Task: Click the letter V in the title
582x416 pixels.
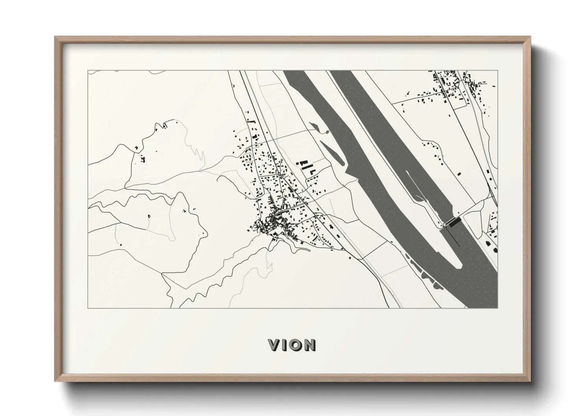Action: coord(274,345)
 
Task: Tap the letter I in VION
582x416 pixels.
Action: coord(286,345)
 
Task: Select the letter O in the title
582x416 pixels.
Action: coord(297,345)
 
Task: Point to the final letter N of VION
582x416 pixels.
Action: coord(310,345)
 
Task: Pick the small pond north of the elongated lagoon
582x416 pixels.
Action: coord(313,126)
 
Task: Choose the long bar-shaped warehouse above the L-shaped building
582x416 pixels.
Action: coord(303,162)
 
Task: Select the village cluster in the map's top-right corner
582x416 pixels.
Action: coord(452,85)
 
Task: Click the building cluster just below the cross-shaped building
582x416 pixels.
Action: coord(142,159)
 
